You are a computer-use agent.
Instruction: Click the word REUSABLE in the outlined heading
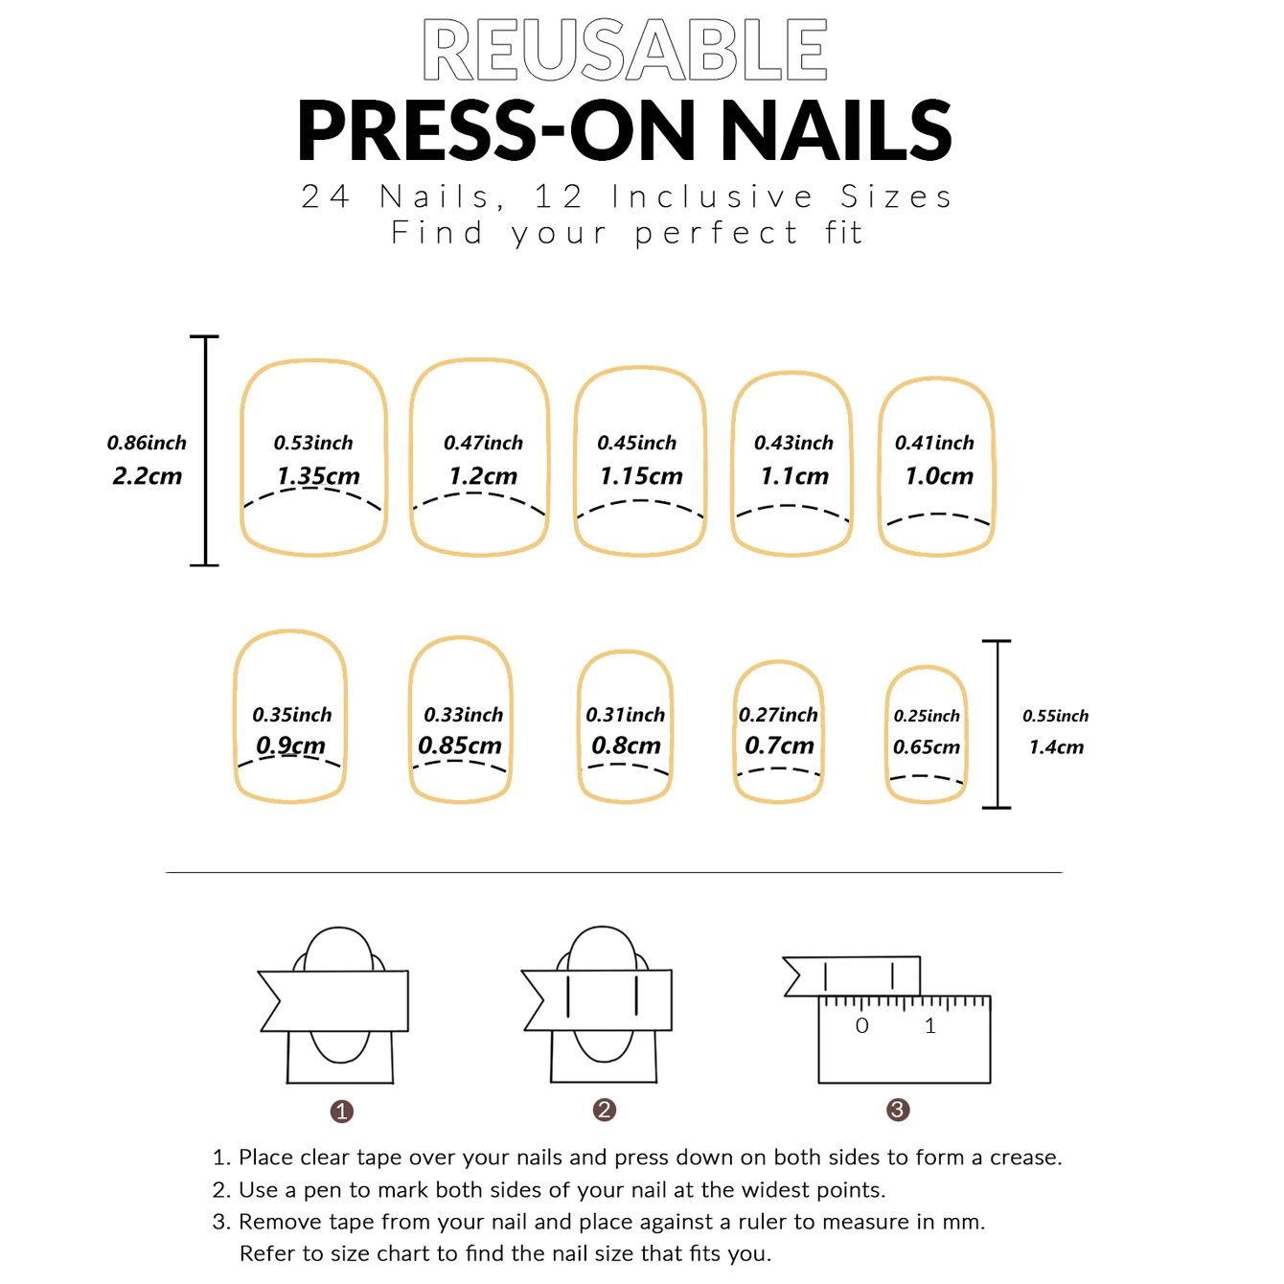pyautogui.click(x=625, y=50)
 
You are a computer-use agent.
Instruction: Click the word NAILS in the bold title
pyautogui.click(x=836, y=131)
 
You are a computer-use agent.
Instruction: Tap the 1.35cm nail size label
pyautogui.click(x=318, y=476)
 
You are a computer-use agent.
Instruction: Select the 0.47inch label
pyautogui.click(x=483, y=443)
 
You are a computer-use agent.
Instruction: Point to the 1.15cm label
pyautogui.click(x=641, y=476)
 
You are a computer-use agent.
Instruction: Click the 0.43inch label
pyautogui.click(x=793, y=443)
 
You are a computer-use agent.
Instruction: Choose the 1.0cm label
pyautogui.click(x=939, y=476)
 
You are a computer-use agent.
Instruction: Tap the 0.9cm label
pyautogui.click(x=290, y=745)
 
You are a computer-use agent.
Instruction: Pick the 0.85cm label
pyautogui.click(x=460, y=745)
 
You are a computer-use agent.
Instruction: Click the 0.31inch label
pyautogui.click(x=625, y=715)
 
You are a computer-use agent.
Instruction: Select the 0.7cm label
pyautogui.click(x=779, y=745)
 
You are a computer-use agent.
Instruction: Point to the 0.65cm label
pyautogui.click(x=926, y=747)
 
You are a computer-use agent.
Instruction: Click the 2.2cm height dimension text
pyautogui.click(x=147, y=476)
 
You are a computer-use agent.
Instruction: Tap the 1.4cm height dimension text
pyautogui.click(x=1056, y=747)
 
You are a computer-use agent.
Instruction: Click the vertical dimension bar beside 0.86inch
pyautogui.click(x=205, y=450)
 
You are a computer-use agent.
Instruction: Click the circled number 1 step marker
pyautogui.click(x=342, y=1112)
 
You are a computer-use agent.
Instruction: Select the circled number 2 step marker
pyautogui.click(x=604, y=1110)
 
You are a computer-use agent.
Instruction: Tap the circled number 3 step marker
pyautogui.click(x=898, y=1110)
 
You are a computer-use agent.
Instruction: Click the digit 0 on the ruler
pyautogui.click(x=861, y=1026)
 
